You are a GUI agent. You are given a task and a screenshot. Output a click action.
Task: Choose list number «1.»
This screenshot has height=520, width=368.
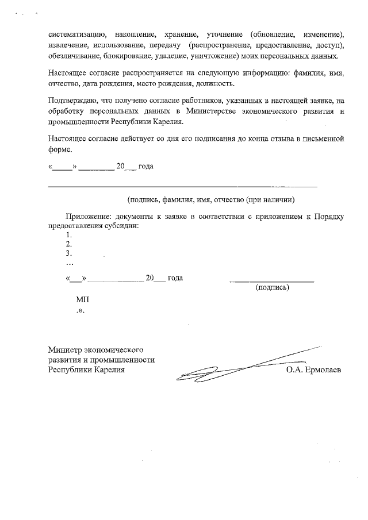coord(69,235)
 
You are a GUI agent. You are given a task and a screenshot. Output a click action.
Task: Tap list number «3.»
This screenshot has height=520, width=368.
coord(69,253)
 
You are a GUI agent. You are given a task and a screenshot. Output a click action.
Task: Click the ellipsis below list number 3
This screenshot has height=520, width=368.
coord(70,263)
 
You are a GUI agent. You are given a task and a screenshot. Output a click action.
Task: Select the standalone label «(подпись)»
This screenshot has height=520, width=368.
coord(272,287)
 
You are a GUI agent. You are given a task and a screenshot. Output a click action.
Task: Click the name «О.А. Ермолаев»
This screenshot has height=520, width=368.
coord(313,370)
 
